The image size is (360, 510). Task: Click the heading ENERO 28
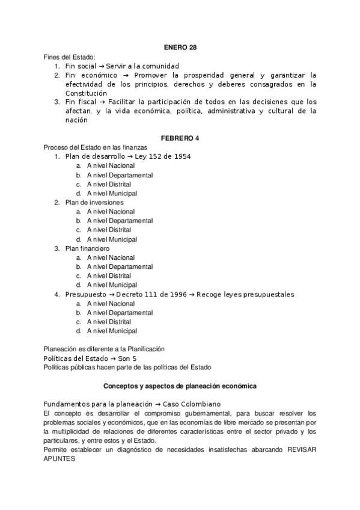coord(180,47)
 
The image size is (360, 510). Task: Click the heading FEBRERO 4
coord(180,138)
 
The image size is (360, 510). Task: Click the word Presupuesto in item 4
coord(86,294)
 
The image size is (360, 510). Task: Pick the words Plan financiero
coord(87,248)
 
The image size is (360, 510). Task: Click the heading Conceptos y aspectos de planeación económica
coord(180,385)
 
